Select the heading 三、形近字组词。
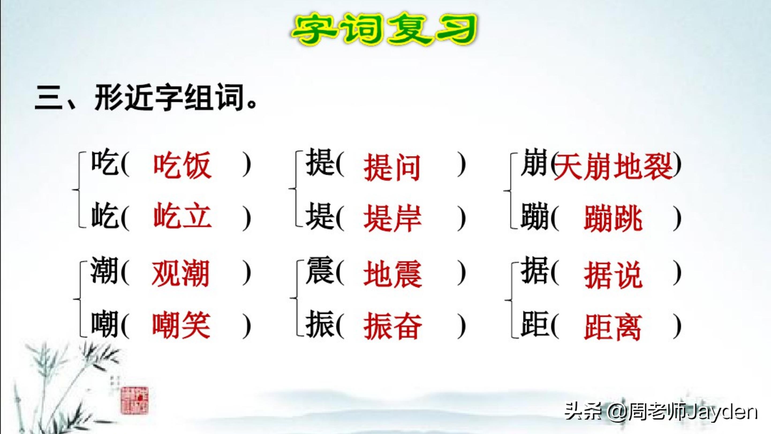(146, 97)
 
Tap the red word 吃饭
(182, 165)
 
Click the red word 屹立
(182, 216)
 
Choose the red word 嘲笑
(181, 326)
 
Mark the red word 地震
(392, 274)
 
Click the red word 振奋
(392, 326)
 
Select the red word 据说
(613, 274)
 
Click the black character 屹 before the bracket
(104, 216)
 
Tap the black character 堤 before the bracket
(319, 216)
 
